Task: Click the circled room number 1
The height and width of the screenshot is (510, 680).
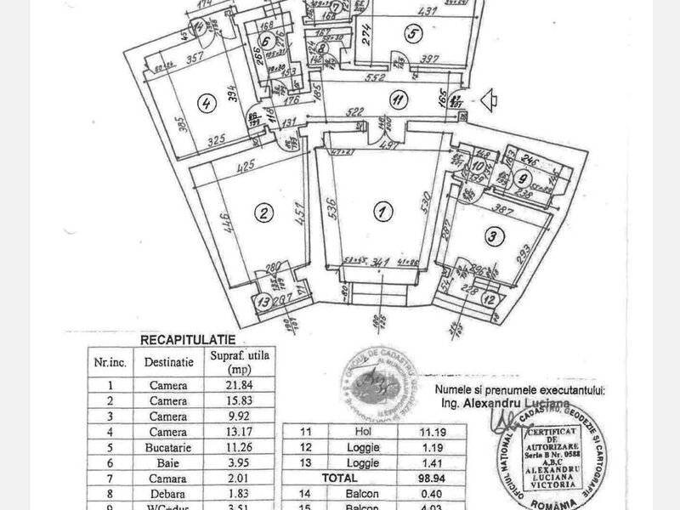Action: point(383,210)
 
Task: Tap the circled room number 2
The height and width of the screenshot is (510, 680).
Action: point(264,212)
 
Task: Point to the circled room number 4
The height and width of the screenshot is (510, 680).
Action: point(205,105)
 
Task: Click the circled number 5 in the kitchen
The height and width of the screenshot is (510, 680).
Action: point(413,35)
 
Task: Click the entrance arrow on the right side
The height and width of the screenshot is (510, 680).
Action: point(489,100)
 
